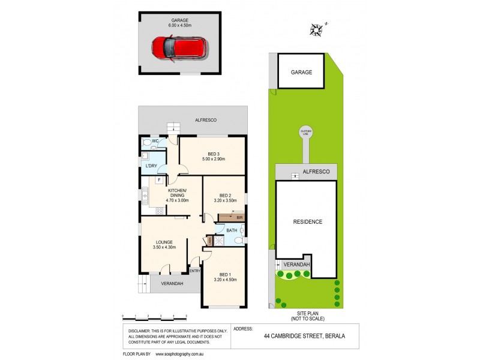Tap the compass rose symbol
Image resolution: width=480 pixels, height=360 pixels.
pos(317,28)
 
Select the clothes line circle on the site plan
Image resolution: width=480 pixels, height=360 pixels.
pos(305,134)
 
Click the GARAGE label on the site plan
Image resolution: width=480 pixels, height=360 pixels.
pos(302,72)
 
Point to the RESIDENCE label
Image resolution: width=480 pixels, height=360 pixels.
pos(307,222)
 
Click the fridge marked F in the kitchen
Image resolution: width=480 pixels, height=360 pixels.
pos(159,179)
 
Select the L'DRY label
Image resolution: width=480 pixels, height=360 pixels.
pos(151,166)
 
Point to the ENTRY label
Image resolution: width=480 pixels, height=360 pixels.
pos(194,271)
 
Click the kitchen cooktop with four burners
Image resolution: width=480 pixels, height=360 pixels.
pos(159,211)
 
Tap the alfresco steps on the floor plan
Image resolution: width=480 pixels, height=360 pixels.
pos(173,127)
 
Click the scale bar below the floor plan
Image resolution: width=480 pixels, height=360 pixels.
pos(154,316)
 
